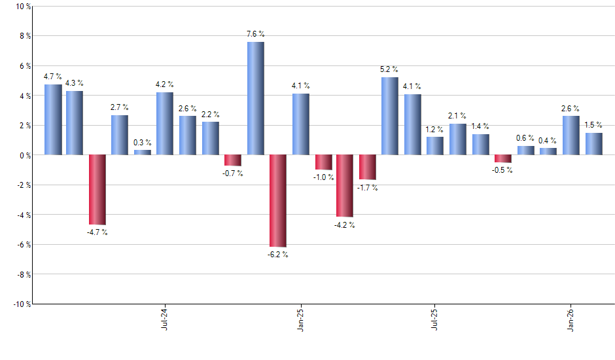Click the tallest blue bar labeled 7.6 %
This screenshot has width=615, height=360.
(255, 98)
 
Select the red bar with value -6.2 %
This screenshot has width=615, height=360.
(277, 200)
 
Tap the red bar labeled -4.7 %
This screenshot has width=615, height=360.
(97, 189)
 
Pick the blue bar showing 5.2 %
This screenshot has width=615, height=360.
(389, 116)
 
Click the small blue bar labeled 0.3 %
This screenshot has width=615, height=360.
(143, 152)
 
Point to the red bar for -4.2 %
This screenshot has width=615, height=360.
(345, 185)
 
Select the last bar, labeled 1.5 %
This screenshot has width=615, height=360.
(593, 143)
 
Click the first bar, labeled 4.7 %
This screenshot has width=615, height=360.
(53, 120)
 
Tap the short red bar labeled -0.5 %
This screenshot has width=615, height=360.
(502, 158)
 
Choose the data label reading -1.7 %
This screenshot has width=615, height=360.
(367, 188)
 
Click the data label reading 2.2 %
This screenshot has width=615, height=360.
(210, 115)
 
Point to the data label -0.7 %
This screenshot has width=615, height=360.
(232, 173)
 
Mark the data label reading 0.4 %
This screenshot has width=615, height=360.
(548, 141)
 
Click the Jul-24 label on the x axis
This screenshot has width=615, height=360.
(164, 319)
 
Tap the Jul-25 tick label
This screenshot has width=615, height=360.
(434, 319)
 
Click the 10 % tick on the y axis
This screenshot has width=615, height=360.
(23, 7)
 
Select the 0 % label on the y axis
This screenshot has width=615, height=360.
(25, 155)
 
